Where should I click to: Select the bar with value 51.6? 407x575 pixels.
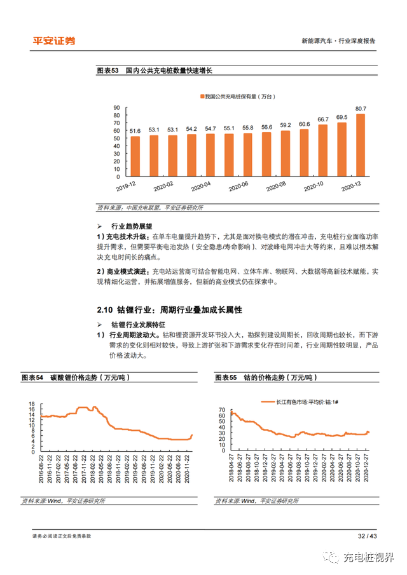[135, 156]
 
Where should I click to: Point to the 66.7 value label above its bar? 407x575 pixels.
[323, 119]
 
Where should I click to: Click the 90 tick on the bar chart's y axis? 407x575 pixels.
[116, 107]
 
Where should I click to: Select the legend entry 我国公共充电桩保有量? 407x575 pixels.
[237, 96]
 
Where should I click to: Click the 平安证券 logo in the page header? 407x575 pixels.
[54, 41]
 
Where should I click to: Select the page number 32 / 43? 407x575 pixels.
[367, 536]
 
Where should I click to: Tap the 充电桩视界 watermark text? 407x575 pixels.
[369, 557]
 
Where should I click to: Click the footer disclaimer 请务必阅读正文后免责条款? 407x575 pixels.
[62, 536]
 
